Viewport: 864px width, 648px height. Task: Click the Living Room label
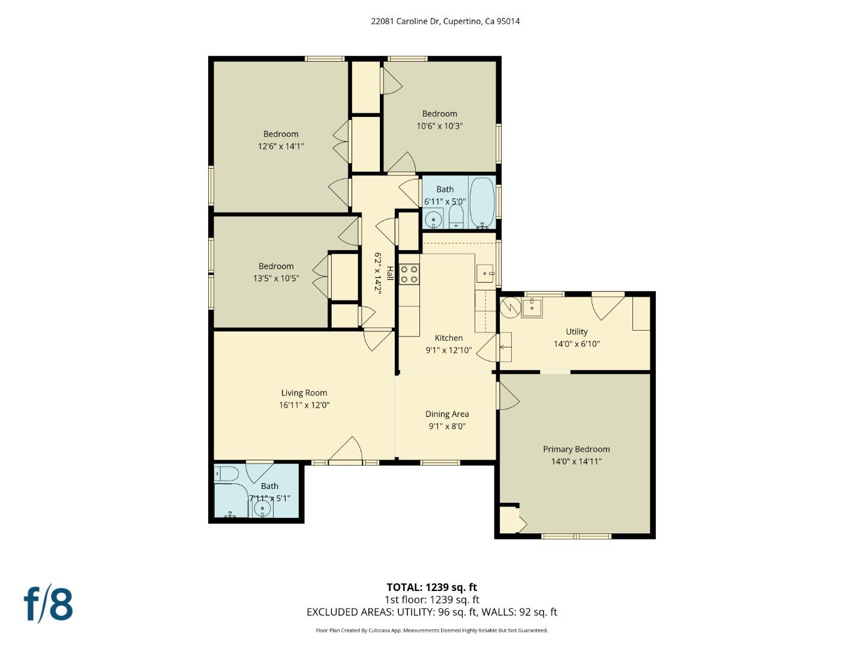pos(304,393)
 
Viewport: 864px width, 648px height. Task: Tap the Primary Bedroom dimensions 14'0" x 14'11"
pos(576,461)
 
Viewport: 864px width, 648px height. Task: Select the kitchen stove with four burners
pos(409,275)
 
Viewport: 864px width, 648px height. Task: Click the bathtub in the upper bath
pos(481,202)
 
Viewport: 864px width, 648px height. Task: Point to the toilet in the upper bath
pos(456,218)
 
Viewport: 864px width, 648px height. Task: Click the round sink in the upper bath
pos(434,219)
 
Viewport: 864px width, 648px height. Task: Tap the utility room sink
pos(532,308)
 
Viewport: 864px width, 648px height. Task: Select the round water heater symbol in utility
pos(511,308)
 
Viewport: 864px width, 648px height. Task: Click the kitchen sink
pos(485,274)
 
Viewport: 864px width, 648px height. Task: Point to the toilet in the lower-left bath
pos(226,473)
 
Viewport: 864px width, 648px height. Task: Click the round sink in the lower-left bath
pos(262,509)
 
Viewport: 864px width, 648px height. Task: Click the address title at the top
pos(445,21)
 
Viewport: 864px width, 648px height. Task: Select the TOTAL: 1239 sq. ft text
pos(431,587)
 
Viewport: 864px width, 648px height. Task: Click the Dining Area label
pos(447,414)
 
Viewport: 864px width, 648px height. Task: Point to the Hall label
pos(389,273)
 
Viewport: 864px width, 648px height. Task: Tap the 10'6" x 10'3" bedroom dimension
pos(439,126)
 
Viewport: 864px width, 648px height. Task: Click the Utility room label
pos(577,331)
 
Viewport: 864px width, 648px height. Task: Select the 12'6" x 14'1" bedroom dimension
pos(281,146)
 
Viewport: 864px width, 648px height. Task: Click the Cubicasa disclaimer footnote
pos(431,631)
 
